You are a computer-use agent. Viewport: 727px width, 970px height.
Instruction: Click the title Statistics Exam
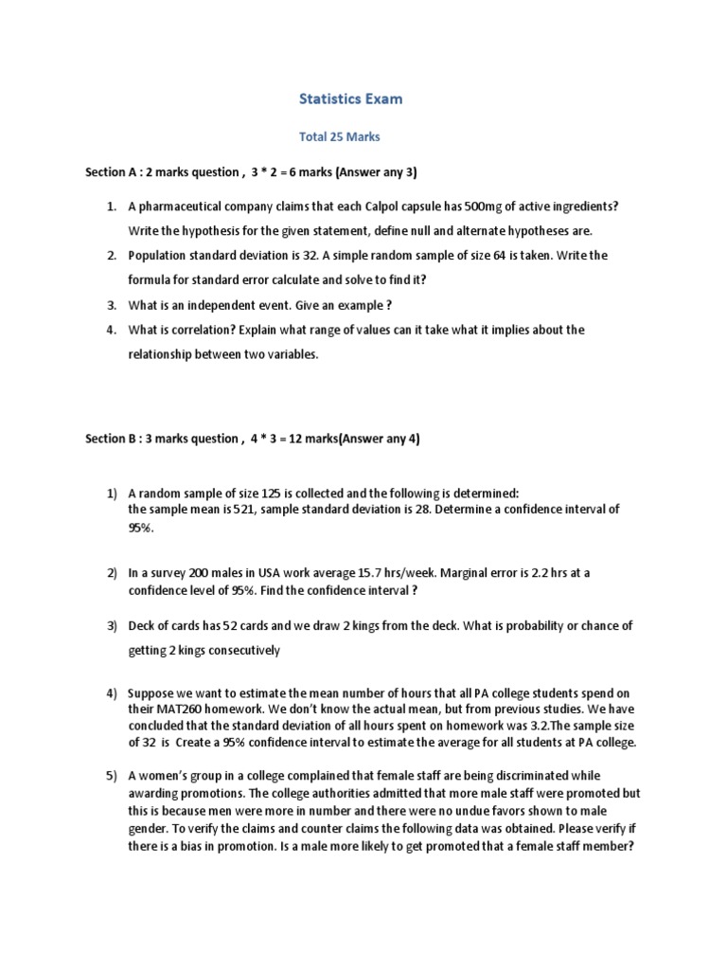pos(363,99)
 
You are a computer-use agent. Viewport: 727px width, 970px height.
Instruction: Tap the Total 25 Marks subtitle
pos(339,137)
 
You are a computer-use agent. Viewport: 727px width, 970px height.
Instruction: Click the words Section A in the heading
pos(110,172)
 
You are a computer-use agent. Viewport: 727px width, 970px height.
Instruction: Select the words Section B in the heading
pos(110,439)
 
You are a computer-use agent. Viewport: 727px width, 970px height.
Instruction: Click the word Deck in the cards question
pos(143,626)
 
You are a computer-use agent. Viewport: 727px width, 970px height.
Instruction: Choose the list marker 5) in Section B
pos(111,776)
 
